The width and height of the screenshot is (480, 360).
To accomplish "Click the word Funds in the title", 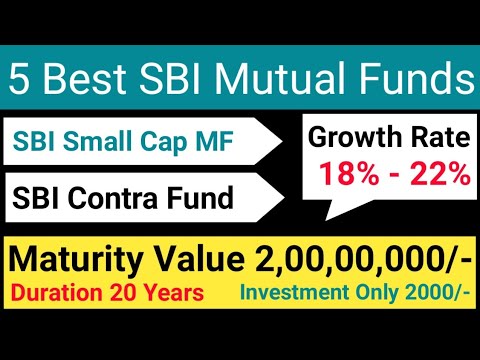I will (x=407, y=77).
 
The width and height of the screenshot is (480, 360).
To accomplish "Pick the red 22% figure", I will (x=438, y=173).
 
